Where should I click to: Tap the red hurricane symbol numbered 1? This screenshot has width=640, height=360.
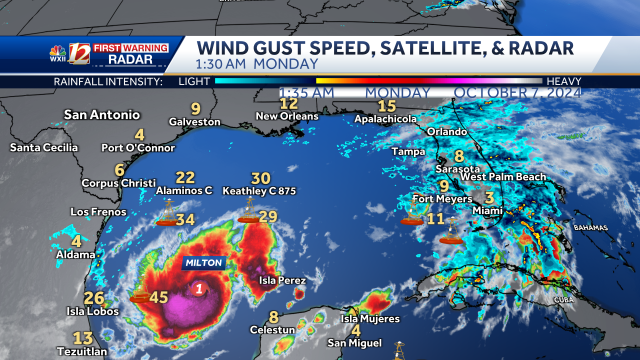click(201, 289)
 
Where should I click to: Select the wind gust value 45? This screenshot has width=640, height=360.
click(158, 296)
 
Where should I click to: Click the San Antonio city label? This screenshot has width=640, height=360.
click(98, 114)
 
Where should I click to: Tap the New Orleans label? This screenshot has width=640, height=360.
click(288, 117)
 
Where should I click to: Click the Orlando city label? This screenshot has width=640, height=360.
click(447, 132)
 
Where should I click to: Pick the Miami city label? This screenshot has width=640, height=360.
click(487, 212)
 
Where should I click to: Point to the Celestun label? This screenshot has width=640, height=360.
click(273, 329)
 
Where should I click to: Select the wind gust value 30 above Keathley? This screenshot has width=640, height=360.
click(260, 178)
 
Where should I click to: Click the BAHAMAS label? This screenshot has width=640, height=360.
click(590, 228)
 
